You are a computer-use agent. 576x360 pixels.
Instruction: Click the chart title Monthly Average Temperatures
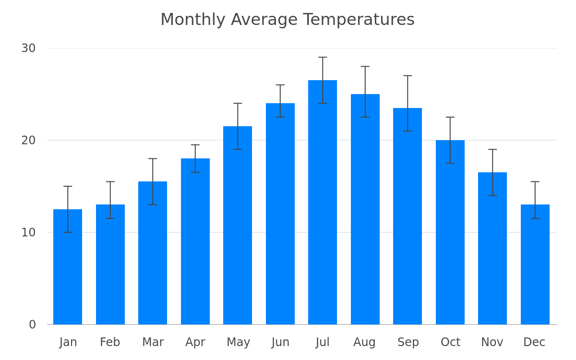click(288, 20)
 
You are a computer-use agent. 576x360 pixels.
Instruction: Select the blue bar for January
click(68, 267)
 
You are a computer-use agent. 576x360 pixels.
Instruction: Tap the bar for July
click(323, 203)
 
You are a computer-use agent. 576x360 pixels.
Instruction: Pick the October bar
click(450, 232)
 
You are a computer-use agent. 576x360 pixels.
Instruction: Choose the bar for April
click(195, 241)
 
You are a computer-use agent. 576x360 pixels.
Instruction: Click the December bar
click(535, 264)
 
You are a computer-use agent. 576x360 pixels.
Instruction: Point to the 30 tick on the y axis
click(28, 48)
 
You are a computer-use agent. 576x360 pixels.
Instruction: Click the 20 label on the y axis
click(28, 140)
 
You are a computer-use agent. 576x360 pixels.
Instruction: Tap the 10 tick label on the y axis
click(28, 232)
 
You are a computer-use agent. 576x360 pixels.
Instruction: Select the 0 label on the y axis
click(33, 324)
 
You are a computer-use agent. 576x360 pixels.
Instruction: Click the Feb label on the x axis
click(110, 342)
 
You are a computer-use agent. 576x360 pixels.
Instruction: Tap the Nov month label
click(492, 342)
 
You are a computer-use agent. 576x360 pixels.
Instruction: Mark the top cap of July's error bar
click(323, 57)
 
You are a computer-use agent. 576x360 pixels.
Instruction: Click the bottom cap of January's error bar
click(68, 232)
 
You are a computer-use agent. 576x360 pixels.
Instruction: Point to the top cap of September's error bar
click(408, 76)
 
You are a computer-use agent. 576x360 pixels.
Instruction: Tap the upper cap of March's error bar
click(153, 159)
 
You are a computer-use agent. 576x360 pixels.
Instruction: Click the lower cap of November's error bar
click(492, 195)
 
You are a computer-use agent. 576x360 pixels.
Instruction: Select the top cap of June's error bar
click(280, 85)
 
